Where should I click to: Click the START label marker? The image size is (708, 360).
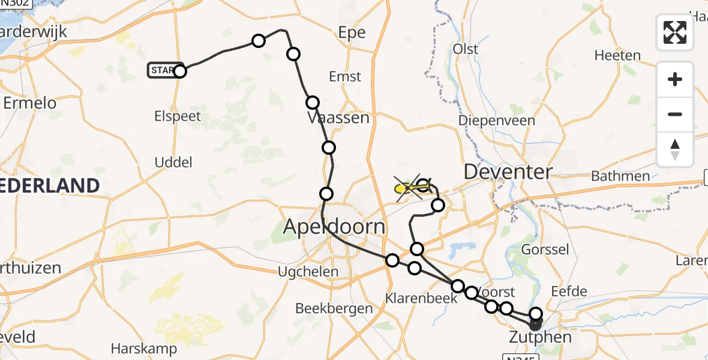[x=162, y=71]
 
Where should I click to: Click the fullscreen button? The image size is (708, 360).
[x=675, y=32]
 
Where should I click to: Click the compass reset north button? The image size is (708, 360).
[x=675, y=149]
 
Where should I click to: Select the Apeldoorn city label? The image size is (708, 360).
[x=335, y=227]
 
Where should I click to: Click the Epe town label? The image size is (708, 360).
[x=352, y=33]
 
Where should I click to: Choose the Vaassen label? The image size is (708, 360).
[x=338, y=118]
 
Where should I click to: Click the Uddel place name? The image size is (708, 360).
[x=173, y=162]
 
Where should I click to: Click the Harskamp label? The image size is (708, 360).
[x=144, y=348]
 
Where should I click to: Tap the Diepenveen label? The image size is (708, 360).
[x=496, y=121]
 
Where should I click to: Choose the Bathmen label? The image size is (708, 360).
[x=620, y=176]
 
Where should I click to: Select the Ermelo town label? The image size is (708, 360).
[x=30, y=103]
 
